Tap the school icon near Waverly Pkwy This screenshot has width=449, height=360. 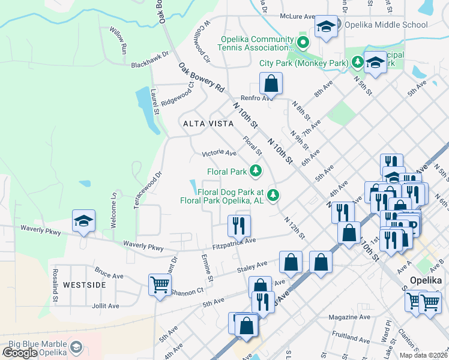(84, 221)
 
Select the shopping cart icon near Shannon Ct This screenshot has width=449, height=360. (160, 284)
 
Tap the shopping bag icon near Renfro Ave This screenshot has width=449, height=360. (271, 83)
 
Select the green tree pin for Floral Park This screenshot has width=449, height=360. (256, 172)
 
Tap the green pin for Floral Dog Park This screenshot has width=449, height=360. (274, 194)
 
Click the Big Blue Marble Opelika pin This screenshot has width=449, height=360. (76, 346)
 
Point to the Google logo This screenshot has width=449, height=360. (20, 353)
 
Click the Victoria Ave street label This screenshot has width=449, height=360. (219, 153)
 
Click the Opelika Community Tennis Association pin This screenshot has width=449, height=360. (303, 43)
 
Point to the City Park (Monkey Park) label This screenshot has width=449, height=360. (304, 63)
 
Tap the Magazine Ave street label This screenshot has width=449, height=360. (351, 316)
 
